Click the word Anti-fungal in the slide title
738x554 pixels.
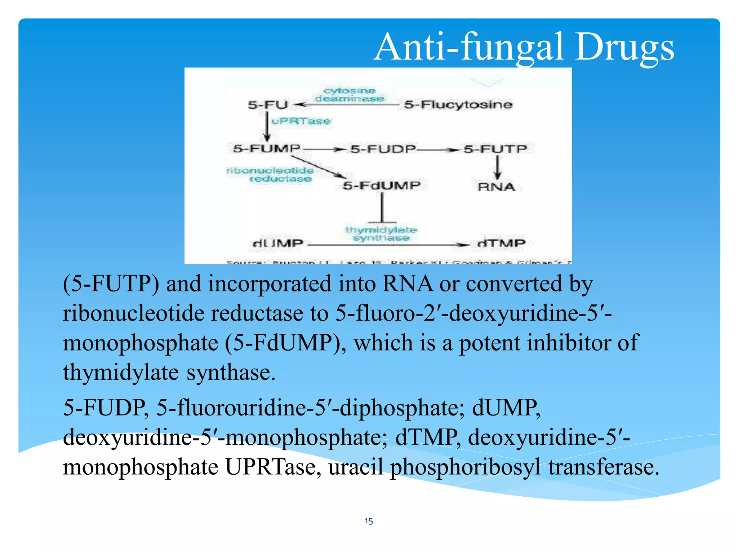(468, 47)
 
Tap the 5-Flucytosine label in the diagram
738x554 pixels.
(458, 105)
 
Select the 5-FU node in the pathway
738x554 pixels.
(268, 105)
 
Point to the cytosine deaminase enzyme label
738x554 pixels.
(350, 94)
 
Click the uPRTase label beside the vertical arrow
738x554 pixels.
(301, 121)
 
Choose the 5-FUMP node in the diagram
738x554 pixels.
(266, 148)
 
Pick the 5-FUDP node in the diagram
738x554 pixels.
(383, 149)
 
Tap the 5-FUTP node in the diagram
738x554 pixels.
(495, 149)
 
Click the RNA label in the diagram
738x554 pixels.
(496, 187)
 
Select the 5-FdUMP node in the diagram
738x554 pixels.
(382, 186)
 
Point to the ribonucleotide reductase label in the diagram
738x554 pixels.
(271, 175)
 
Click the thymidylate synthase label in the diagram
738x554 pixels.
(381, 234)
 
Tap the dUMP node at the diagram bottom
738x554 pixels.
(278, 243)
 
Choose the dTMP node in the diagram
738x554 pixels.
(501, 243)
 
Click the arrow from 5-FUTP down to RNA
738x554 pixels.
(497, 168)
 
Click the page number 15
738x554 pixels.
(369, 521)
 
